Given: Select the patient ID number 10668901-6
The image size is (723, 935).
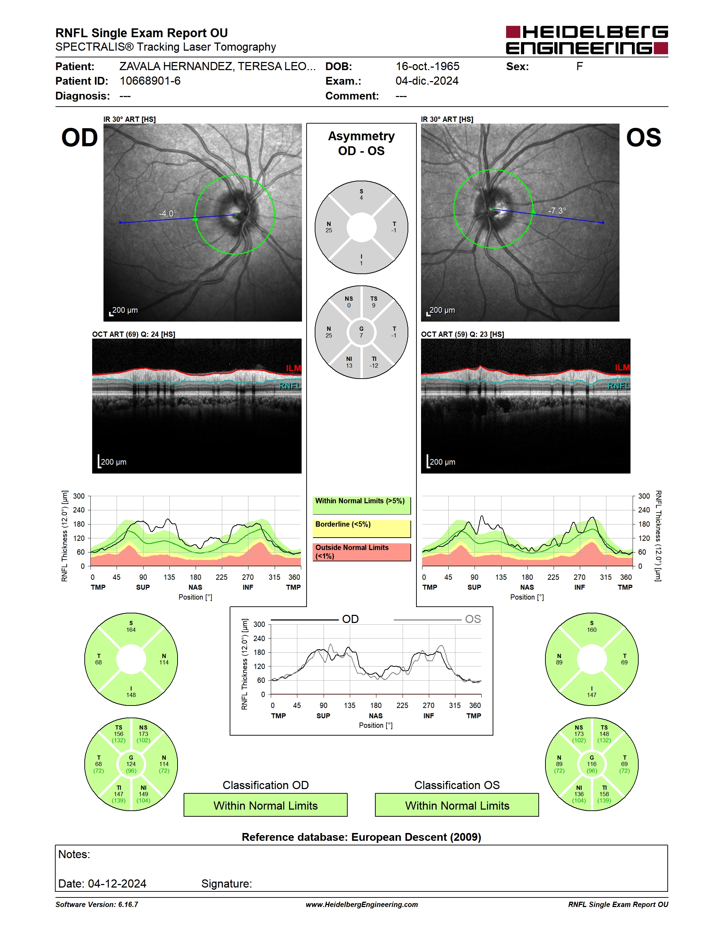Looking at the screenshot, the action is (150, 81).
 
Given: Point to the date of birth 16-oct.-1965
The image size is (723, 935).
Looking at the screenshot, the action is (427, 66).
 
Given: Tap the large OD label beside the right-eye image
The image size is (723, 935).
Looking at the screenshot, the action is (80, 137).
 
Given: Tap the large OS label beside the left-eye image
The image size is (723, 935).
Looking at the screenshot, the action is (643, 137).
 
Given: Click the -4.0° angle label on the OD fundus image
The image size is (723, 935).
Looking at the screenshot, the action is (168, 213).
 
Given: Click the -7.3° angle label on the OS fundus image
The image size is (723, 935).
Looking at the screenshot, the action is (557, 211).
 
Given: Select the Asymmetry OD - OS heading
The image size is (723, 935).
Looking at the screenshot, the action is (361, 143).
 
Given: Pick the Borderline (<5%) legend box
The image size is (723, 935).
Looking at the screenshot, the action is (361, 528).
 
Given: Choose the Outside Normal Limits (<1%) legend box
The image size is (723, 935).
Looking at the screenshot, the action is (361, 552).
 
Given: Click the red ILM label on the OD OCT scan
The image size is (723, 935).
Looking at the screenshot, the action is (293, 368).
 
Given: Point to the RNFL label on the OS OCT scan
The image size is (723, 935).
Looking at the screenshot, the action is (618, 386).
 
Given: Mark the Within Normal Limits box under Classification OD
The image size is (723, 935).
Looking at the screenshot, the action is (265, 805).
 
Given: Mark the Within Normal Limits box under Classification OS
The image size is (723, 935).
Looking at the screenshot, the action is (457, 805).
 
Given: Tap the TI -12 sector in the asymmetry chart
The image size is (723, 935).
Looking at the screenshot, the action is (374, 362).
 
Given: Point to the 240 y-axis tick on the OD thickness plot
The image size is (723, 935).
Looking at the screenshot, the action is (79, 510).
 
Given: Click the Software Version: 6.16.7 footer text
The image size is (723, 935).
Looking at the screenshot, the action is (97, 905).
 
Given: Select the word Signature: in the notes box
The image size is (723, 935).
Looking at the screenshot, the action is (226, 884).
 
